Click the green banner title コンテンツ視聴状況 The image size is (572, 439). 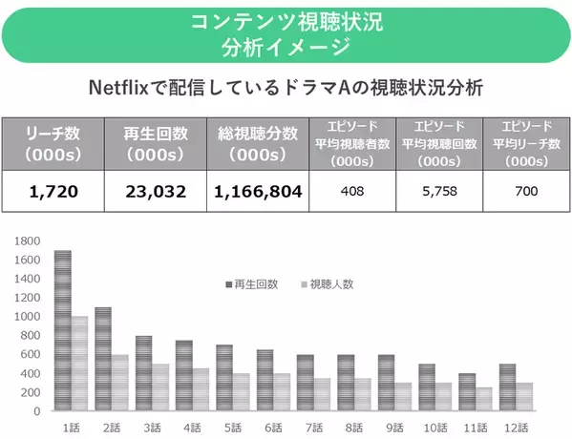(x=286, y=21)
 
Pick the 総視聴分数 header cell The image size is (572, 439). (x=258, y=142)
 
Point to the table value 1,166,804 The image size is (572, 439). (x=258, y=191)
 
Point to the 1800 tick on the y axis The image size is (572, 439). (x=28, y=240)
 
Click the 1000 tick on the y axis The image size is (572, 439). (x=28, y=316)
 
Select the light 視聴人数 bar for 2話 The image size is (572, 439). (x=119, y=383)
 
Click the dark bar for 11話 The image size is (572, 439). (x=466, y=392)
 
